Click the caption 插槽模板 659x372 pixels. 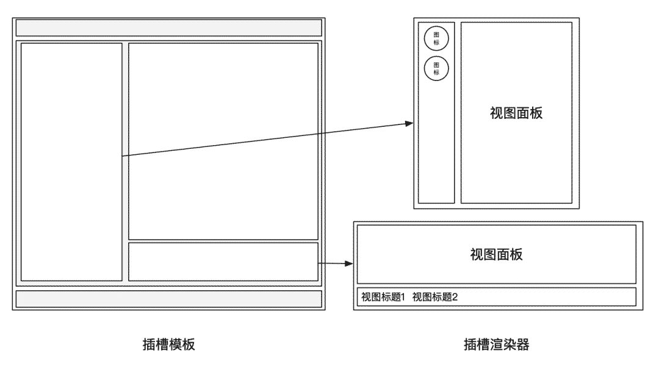[169, 345]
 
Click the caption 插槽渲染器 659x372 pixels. [496, 345]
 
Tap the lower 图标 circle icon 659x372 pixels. [436, 68]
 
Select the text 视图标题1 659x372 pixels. [383, 297]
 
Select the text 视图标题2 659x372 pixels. [435, 297]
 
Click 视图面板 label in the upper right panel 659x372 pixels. [516, 113]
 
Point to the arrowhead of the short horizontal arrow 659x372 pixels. [351, 264]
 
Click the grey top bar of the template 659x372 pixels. [169, 28]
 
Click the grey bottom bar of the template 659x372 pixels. [169, 299]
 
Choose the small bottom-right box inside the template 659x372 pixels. [223, 262]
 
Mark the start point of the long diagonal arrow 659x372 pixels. [123, 156]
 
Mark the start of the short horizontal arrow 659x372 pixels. [319, 263]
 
